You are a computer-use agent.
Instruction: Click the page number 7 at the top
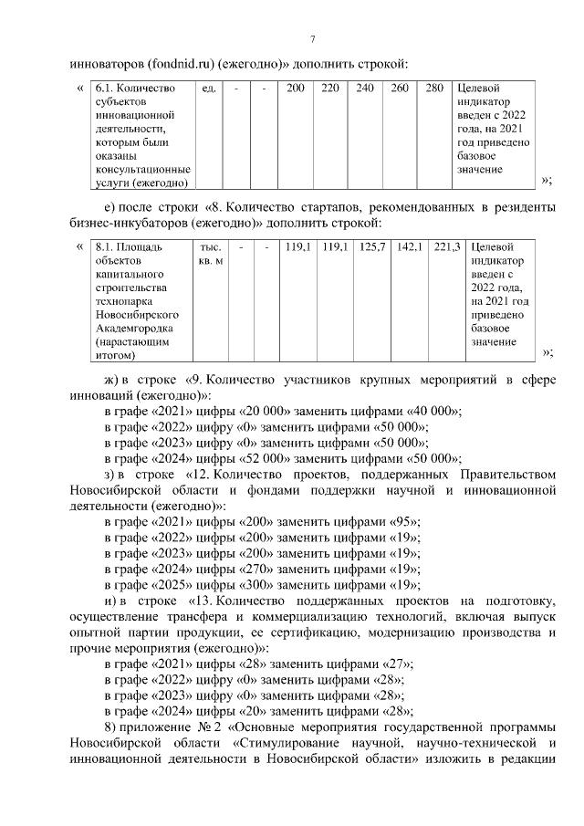(x=312, y=38)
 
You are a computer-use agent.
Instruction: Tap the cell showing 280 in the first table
(x=434, y=89)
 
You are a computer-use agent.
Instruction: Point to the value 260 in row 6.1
(x=400, y=89)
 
